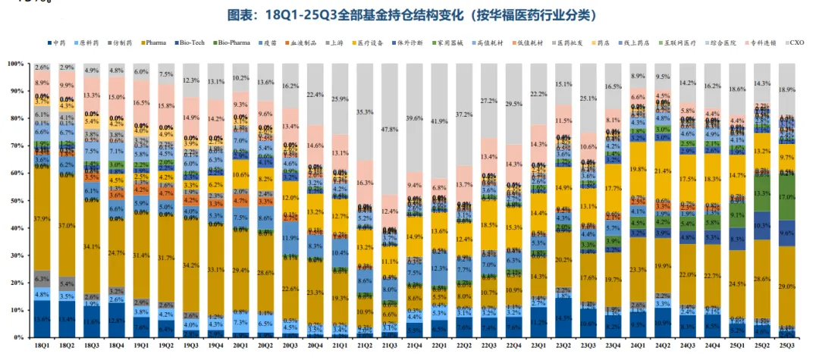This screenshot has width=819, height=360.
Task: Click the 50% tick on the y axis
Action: pos(15,201)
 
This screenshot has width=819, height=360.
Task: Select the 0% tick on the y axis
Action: pos(17,337)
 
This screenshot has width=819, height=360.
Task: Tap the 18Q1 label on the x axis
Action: pos(42,347)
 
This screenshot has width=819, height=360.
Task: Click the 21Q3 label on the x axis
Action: pos(389,347)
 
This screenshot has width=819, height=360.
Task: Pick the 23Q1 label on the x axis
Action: pos(538,347)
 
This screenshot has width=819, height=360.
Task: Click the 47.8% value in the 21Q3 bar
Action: pos(389,130)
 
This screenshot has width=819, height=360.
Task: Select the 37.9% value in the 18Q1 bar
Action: pos(42,220)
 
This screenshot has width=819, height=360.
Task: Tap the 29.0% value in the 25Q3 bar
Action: pos(786,286)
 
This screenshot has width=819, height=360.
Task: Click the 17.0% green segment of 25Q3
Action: pos(786,196)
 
